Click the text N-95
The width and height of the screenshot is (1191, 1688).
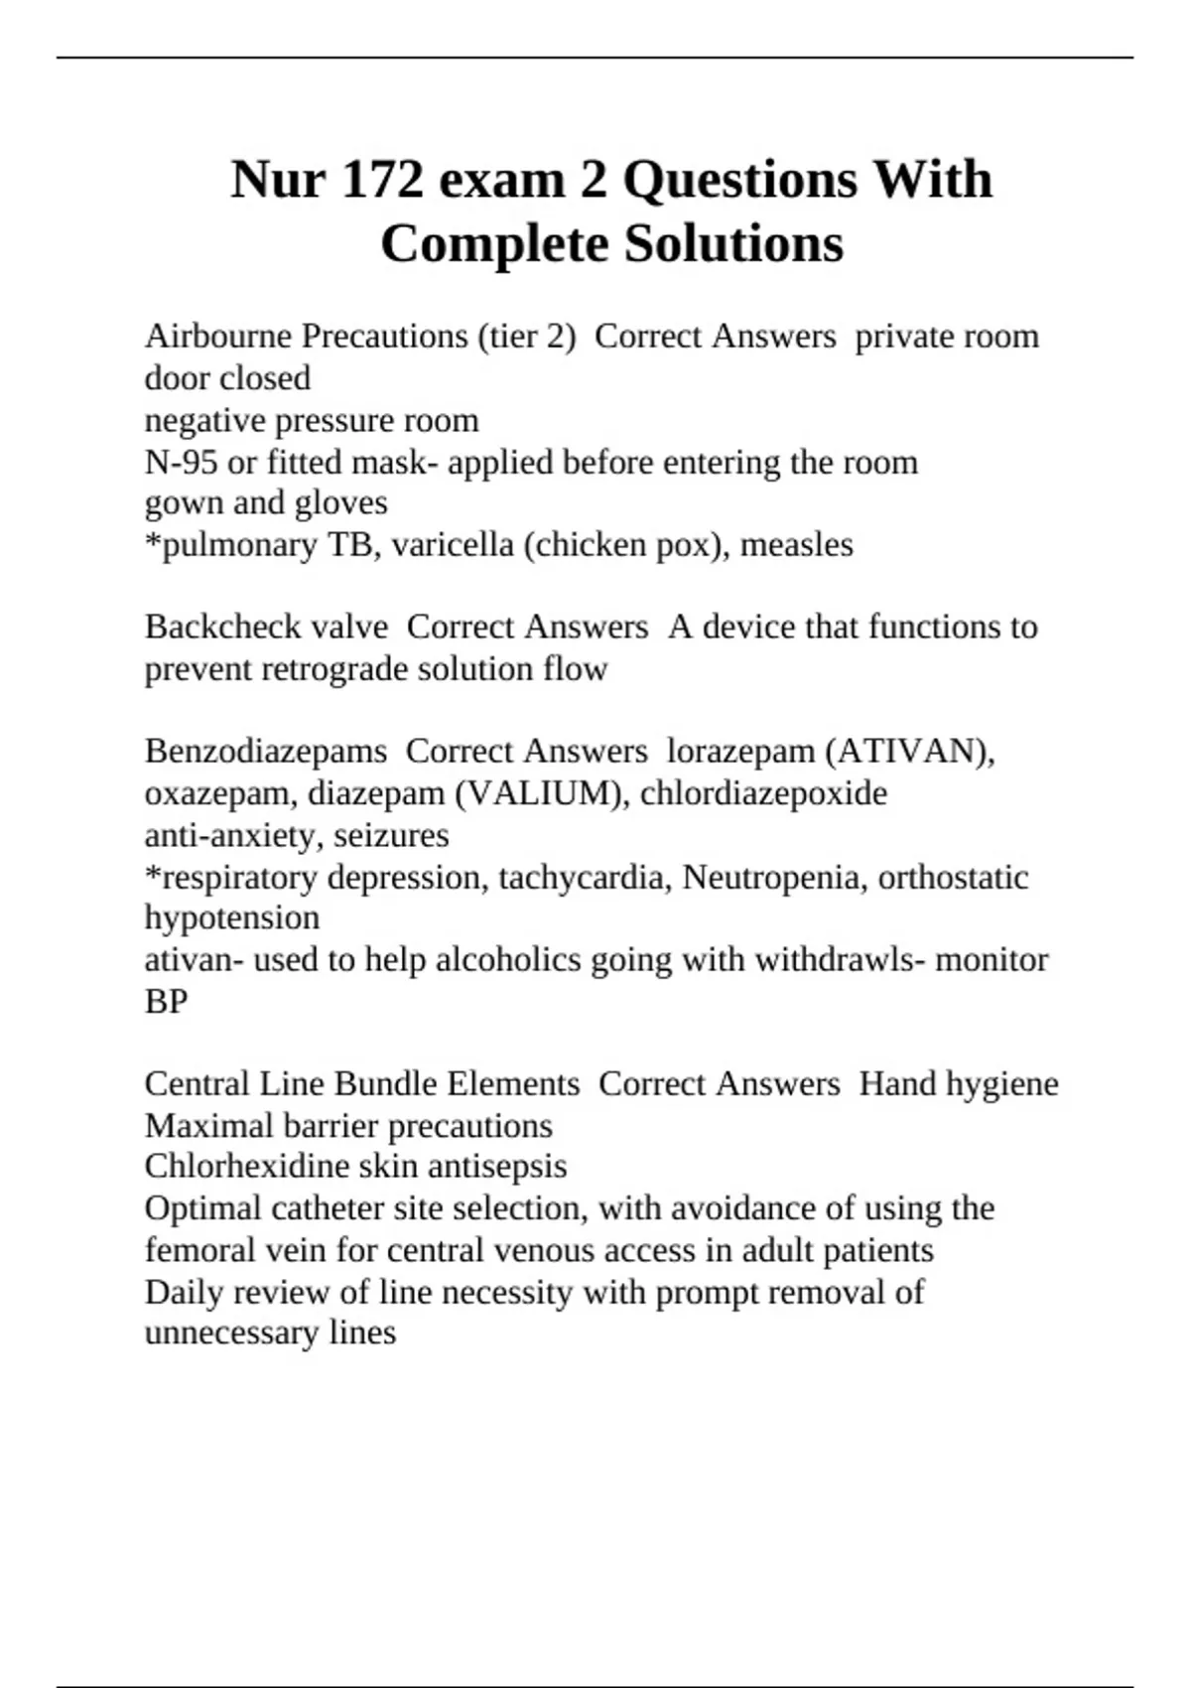point(181,463)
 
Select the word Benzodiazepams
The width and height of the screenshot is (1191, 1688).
point(265,752)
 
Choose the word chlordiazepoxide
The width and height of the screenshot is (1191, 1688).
point(763,793)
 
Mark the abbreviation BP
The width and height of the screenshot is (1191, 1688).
point(166,1002)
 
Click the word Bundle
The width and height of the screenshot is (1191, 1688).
point(385,1084)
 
